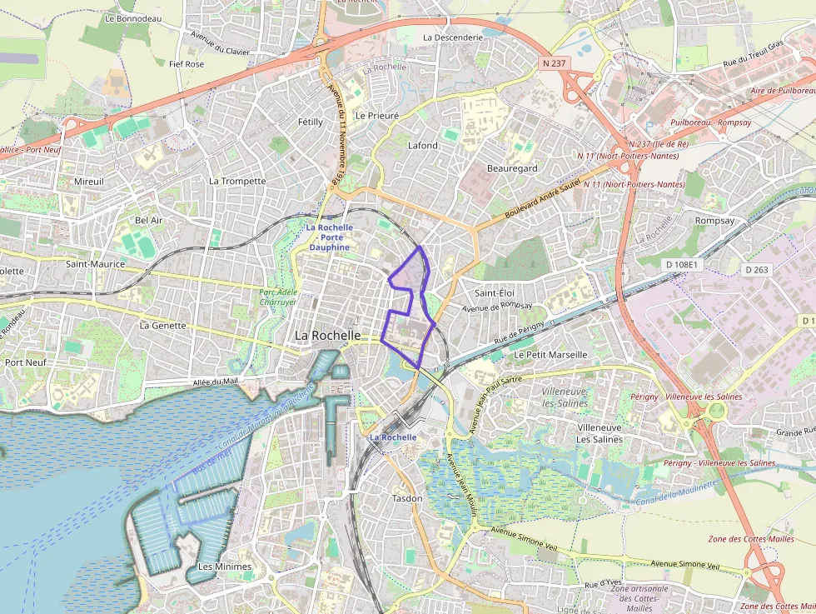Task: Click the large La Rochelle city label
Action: point(328,335)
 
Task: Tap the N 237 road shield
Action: point(554,63)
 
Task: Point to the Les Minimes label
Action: point(224,567)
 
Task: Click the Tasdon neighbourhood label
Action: point(407,498)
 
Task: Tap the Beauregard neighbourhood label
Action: point(512,168)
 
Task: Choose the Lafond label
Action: point(422,146)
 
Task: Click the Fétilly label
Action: point(310,122)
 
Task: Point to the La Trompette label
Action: point(237,181)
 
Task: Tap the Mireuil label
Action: point(89,181)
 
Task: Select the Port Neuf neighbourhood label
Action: point(25,362)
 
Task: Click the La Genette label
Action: point(163,325)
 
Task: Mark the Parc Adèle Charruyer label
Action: point(278,297)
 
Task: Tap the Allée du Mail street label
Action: point(214,382)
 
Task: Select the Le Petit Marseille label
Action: point(550,354)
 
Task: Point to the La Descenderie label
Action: point(453,37)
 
